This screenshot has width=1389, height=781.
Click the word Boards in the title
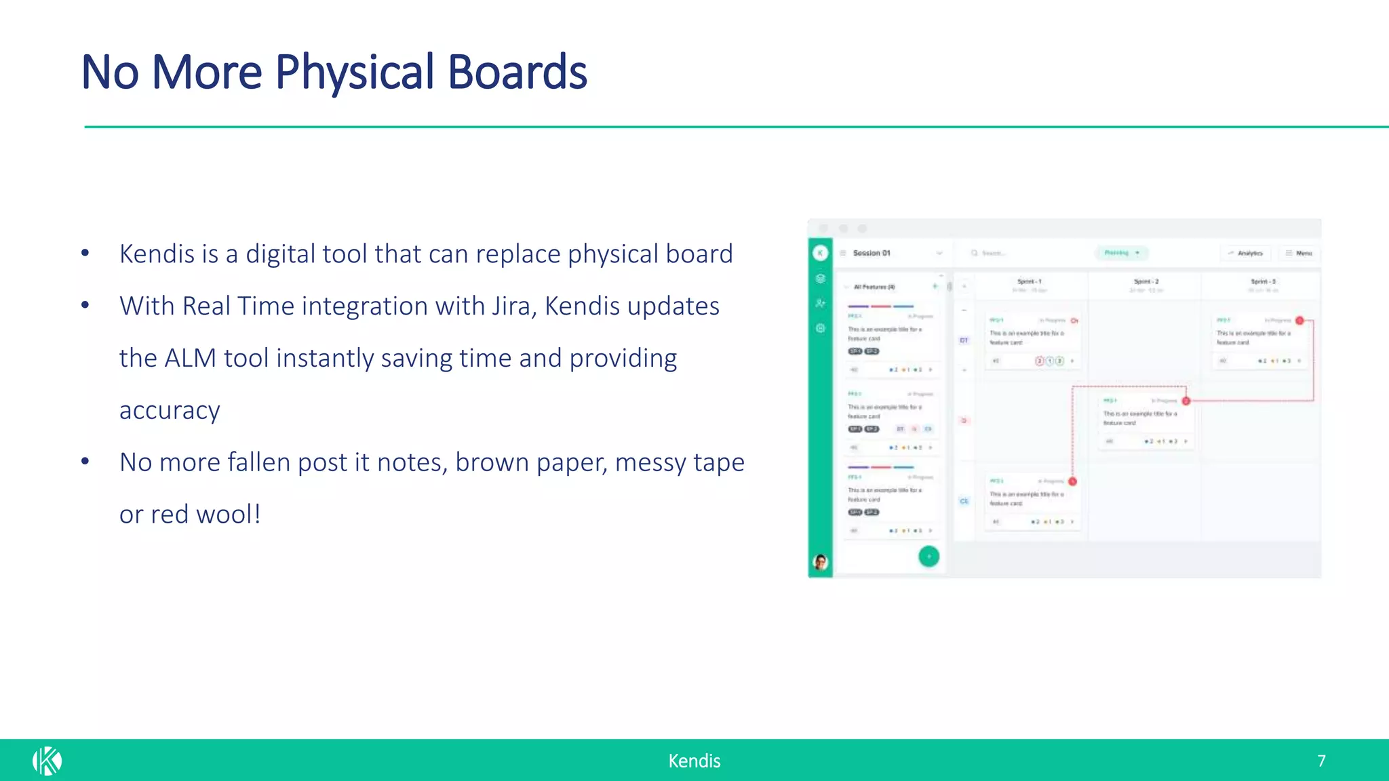point(517,73)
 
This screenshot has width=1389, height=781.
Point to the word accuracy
point(170,411)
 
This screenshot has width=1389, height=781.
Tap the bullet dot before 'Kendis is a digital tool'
point(85,254)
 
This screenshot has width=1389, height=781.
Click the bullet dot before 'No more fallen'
point(85,462)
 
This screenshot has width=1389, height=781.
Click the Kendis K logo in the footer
point(47,761)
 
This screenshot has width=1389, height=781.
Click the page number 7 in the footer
point(1321,761)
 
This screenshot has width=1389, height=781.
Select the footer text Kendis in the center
point(694,761)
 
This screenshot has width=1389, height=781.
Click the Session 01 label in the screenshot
point(872,253)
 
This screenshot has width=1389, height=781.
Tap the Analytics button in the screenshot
point(1246,253)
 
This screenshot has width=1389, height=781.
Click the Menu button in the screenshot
point(1299,253)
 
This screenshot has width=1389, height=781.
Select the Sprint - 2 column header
point(1146,281)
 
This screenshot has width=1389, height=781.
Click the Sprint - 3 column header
point(1263,281)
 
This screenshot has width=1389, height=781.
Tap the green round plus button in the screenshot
point(928,557)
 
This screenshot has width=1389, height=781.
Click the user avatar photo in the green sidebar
point(821,562)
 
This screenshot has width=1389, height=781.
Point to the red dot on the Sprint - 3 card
point(1299,320)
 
